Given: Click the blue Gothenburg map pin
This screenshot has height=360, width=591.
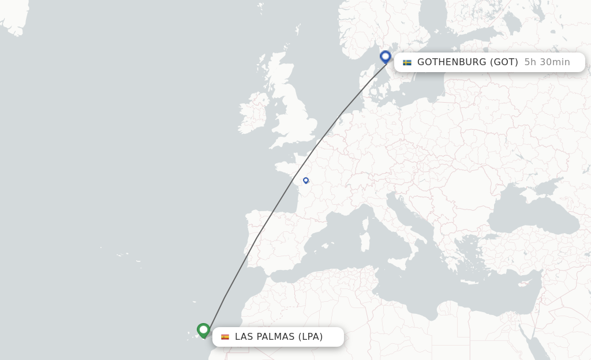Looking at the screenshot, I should [x=386, y=57].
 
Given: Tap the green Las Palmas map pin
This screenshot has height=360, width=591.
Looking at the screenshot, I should [x=203, y=330].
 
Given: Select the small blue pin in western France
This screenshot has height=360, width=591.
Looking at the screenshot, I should [x=306, y=181].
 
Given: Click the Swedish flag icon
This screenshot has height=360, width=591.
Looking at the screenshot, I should [x=407, y=62].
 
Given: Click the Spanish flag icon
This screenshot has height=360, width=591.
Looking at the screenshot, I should [x=225, y=337].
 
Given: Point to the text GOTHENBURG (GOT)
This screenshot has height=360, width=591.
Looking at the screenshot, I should [x=467, y=62].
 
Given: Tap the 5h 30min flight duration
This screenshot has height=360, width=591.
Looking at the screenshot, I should [x=547, y=62].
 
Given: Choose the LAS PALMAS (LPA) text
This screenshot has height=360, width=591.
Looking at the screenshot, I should [x=279, y=337].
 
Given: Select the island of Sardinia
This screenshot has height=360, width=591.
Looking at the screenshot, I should [x=365, y=242].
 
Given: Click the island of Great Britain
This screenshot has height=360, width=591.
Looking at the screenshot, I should [x=294, y=115].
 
